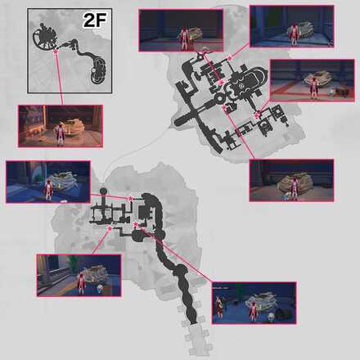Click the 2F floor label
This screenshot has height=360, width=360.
[x=94, y=20]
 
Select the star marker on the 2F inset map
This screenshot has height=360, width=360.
[x=56, y=51]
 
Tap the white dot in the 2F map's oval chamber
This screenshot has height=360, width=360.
[x=93, y=70]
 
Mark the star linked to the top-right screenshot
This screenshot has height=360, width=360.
[x=229, y=57]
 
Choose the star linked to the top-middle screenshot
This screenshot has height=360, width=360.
[x=221, y=83]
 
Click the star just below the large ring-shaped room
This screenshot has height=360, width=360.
[x=224, y=107]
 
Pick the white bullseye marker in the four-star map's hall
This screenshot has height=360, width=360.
[x=241, y=86]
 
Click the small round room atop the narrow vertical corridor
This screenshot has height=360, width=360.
[x=103, y=191]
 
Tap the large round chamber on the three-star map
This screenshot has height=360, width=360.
[x=138, y=236]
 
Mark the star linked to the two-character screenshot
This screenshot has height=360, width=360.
[x=136, y=225]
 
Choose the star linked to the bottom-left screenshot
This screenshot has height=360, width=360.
[x=110, y=227]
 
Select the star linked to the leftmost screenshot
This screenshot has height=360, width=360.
[x=131, y=199]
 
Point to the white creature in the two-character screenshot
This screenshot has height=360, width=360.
[x=271, y=317]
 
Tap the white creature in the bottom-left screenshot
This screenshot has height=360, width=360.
[x=100, y=288]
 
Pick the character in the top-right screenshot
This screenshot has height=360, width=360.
[x=294, y=35]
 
